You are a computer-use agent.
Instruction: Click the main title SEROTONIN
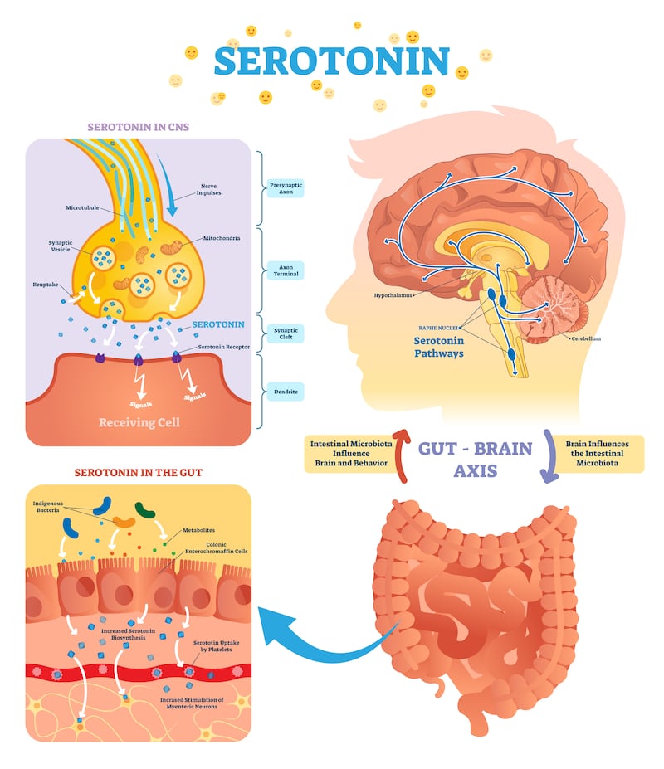click(332, 61)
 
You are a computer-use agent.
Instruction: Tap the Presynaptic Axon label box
click(286, 188)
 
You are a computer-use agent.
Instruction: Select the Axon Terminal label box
click(286, 270)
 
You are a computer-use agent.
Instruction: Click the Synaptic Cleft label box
click(286, 333)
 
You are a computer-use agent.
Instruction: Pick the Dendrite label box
click(286, 392)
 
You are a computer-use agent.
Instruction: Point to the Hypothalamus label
click(393, 295)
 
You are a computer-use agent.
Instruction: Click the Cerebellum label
click(586, 338)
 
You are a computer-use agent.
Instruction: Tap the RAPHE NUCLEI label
click(438, 328)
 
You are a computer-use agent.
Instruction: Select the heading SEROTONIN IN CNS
click(139, 127)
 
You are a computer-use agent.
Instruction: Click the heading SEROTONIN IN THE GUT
click(139, 472)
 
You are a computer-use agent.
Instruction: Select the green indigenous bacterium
click(144, 509)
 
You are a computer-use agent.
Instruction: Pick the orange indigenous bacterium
click(124, 522)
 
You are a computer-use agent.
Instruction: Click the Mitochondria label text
click(222, 238)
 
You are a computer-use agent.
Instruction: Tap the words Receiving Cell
click(139, 422)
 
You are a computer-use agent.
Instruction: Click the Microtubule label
click(82, 207)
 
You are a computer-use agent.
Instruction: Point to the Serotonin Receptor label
click(224, 347)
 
